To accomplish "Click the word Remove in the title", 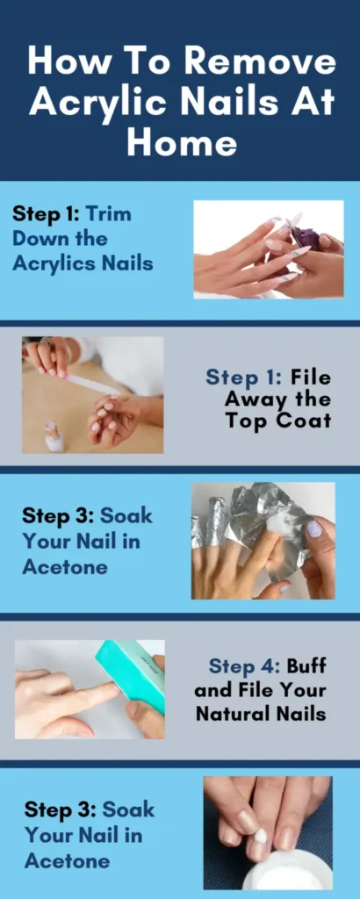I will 260,62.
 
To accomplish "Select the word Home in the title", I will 181,140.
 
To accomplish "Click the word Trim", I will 108,213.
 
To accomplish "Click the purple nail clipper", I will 304,237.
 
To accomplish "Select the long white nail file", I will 91,385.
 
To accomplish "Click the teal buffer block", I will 132,673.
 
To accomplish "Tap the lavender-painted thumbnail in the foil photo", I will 313,529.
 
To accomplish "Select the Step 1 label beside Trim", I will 45,213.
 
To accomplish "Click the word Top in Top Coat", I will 250,421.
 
